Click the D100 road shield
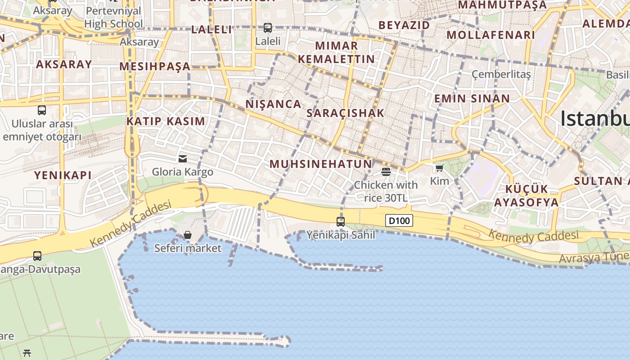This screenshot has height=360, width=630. [x=399, y=220]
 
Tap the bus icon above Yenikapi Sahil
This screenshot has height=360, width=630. [x=341, y=221]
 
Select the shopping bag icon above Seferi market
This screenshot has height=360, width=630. [x=188, y=235]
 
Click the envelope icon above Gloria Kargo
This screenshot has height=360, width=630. [x=183, y=158]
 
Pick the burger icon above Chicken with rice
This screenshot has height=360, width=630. [x=386, y=171]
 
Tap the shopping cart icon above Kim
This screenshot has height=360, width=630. [x=440, y=168]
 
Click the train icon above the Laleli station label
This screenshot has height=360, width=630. [x=268, y=28]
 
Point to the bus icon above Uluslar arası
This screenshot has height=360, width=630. [x=42, y=110]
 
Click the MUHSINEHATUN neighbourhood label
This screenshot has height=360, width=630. [x=321, y=164]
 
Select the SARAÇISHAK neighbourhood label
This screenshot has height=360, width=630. [x=346, y=113]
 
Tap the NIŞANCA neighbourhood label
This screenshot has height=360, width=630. [x=273, y=104]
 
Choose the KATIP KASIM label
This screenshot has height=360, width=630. [x=166, y=121]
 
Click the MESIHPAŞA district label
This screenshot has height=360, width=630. [x=155, y=67]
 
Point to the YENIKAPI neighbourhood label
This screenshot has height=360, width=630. [x=63, y=175]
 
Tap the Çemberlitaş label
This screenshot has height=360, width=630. [x=501, y=74]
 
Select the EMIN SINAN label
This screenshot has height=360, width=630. [x=472, y=99]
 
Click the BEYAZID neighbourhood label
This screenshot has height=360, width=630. [x=404, y=25]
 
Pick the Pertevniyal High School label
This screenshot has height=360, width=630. [x=113, y=17]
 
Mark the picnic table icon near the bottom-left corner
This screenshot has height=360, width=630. [x=27, y=353]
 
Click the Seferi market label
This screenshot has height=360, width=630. [x=188, y=248]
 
